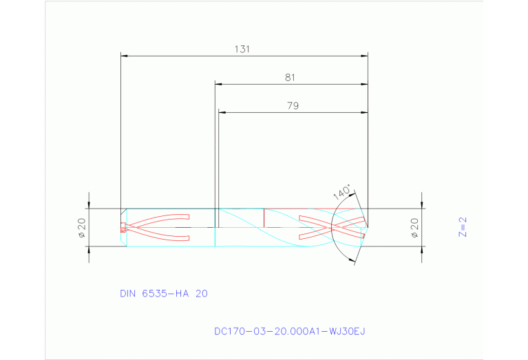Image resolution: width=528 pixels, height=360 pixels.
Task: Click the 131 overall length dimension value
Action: (241, 49)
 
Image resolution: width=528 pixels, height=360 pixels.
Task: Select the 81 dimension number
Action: (290, 78)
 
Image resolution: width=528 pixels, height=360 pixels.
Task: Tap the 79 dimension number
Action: (293, 105)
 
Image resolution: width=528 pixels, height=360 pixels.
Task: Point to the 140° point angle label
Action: (342, 192)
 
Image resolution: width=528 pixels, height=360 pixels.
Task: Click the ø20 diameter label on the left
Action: (81, 228)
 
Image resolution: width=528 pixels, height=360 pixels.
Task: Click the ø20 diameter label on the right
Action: (414, 228)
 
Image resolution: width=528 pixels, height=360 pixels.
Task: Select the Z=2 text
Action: (463, 227)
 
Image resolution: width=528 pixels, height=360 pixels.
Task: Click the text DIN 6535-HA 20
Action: (164, 293)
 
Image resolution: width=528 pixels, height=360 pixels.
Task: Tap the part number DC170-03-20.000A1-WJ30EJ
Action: (289, 331)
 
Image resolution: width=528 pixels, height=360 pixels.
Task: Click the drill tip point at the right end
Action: (368, 226)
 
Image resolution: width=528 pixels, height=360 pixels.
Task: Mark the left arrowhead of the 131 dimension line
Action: (124, 54)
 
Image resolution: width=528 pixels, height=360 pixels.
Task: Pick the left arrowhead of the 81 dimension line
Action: (219, 84)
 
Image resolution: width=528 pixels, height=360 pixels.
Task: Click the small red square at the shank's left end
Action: (123, 226)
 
